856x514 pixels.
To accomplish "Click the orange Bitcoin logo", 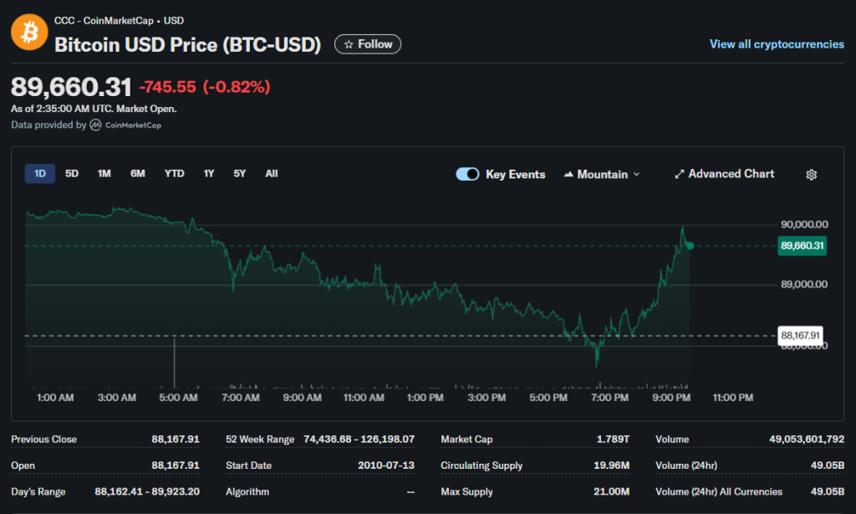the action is [29, 33].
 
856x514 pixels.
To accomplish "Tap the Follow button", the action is [368, 44].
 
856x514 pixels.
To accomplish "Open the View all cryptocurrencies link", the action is [777, 44].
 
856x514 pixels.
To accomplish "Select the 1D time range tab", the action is [40, 174].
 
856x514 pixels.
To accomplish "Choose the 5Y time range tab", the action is [240, 174].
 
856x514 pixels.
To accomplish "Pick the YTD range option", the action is [174, 174].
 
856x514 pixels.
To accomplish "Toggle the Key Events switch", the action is [467, 174].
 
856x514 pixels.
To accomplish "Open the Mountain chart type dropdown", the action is [602, 174].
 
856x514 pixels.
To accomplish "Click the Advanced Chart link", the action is [725, 174].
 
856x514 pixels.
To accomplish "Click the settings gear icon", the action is [811, 175].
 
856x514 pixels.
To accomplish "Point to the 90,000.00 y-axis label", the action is [804, 224].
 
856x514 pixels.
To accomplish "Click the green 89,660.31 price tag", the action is [802, 246].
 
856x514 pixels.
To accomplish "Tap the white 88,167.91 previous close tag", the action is [800, 335].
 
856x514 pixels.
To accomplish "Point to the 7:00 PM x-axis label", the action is [609, 398].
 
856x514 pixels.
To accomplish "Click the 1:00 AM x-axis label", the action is [55, 398].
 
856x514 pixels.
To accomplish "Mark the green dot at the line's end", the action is [690, 246].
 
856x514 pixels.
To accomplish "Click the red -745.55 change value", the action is [167, 87].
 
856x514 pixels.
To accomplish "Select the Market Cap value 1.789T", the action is [613, 440].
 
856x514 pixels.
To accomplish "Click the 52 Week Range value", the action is [359, 440].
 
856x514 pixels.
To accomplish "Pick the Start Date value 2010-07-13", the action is [386, 466].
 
